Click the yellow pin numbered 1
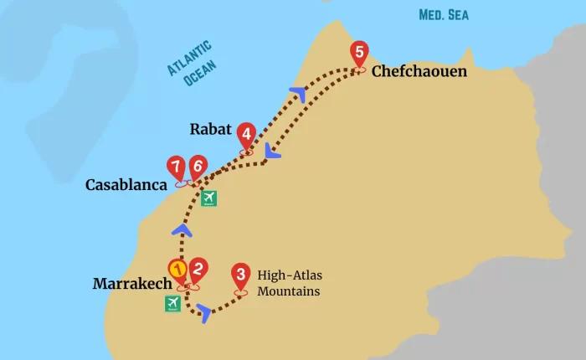point(177,270)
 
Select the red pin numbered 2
point(198,270)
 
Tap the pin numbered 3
point(241,275)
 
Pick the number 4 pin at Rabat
point(246,134)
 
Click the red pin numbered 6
point(198,166)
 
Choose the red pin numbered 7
point(176,166)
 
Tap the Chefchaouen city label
point(419,72)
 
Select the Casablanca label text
point(126,185)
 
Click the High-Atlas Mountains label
point(288,283)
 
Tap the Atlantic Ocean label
point(192,63)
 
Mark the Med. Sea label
point(444,14)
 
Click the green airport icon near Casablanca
point(208,198)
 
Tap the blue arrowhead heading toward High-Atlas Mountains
point(203,316)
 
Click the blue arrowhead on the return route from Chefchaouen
point(271,152)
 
